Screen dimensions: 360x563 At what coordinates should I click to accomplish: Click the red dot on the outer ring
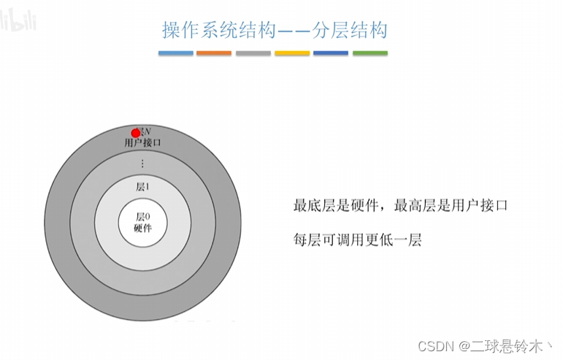click(135, 133)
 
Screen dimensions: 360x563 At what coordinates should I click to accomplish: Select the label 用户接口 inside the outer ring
click(143, 142)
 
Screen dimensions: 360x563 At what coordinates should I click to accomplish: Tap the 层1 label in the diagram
click(143, 186)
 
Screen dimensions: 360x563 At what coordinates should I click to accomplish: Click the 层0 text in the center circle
click(142, 217)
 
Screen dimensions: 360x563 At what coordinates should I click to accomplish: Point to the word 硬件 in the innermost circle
click(142, 228)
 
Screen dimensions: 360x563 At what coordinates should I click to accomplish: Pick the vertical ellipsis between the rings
click(143, 164)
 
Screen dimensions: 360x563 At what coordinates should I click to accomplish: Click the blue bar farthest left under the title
click(176, 53)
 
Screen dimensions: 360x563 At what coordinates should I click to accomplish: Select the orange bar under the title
click(214, 53)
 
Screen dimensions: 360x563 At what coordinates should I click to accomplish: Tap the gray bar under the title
click(253, 53)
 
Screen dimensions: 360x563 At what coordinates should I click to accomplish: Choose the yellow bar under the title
click(292, 53)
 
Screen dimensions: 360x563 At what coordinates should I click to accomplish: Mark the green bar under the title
click(370, 53)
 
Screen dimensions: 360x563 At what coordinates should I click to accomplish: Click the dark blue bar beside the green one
click(331, 53)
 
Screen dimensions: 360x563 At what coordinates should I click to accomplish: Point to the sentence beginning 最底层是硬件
click(337, 206)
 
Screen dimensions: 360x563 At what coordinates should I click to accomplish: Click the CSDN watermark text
click(440, 343)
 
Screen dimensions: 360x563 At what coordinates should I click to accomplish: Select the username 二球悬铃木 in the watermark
click(514, 343)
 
